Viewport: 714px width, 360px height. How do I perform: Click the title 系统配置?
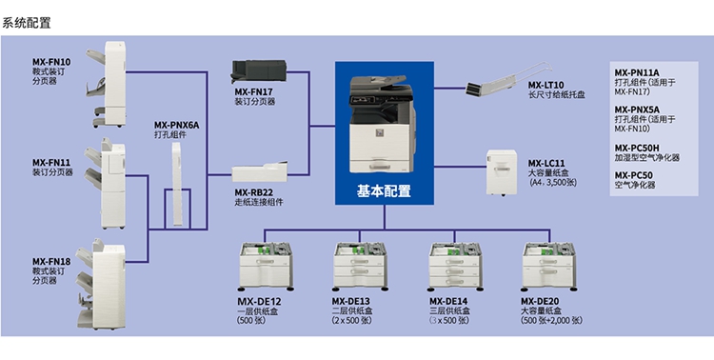pos(26,23)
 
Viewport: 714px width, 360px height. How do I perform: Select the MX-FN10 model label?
pos(51,62)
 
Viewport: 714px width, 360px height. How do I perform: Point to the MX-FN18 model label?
pos(51,262)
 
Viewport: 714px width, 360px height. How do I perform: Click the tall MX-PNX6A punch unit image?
pos(177,184)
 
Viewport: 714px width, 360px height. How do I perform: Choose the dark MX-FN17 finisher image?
pos(259,71)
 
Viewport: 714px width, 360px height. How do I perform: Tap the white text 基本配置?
pos(384,190)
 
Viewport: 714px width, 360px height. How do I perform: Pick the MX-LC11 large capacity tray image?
pos(502,172)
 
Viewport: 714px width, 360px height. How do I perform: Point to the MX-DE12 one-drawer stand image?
pos(267,266)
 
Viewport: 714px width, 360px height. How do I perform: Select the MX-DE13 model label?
pos(350,301)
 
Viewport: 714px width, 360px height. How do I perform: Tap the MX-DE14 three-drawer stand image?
pos(456,266)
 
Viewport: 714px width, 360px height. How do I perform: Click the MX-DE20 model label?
pos(540,301)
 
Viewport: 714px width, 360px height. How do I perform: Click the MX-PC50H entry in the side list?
pos(637,149)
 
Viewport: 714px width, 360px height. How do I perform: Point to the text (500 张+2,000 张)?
pos(551,320)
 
